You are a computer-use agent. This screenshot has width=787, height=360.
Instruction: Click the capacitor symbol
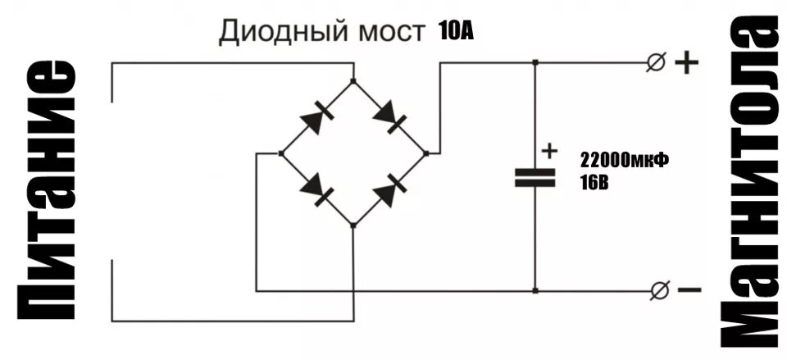click(535, 177)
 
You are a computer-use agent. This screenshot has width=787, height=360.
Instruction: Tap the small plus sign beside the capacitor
click(549, 151)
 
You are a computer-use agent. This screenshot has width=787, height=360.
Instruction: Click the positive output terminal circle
click(656, 62)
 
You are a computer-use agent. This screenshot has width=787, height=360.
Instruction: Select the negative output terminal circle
click(657, 289)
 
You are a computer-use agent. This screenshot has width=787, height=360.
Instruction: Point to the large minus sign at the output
click(689, 289)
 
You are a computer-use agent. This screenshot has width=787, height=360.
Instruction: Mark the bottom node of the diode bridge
click(353, 225)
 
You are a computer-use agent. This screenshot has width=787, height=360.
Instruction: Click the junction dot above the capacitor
click(535, 62)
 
